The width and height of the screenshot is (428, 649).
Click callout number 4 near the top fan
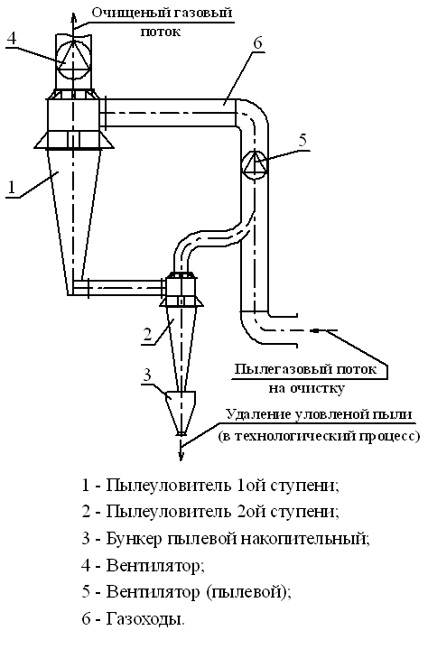click(12, 38)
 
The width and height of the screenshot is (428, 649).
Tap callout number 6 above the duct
click(258, 43)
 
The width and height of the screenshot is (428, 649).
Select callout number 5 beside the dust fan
click(303, 140)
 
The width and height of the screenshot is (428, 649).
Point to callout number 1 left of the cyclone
click(12, 187)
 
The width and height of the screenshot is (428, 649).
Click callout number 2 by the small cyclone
click(148, 334)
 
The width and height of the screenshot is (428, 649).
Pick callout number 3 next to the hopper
click(147, 375)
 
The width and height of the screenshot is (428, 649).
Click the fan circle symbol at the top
click(73, 60)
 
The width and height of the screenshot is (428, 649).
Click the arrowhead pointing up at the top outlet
click(74, 17)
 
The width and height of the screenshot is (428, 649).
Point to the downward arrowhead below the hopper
click(181, 456)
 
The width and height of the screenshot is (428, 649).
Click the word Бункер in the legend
click(135, 539)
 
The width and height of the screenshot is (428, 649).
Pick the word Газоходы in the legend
click(145, 619)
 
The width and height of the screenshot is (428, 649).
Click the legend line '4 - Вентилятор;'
click(144, 565)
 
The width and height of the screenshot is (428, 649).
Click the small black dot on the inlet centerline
click(315, 330)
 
